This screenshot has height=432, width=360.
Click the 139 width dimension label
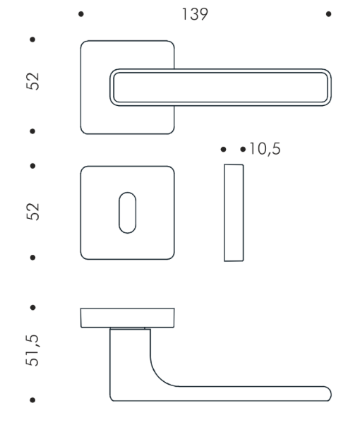[195, 14]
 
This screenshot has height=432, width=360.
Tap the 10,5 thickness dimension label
[265, 149]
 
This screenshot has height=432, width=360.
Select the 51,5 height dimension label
[32, 350]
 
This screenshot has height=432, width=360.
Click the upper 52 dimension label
[32, 81]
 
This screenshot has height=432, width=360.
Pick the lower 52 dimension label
[33, 212]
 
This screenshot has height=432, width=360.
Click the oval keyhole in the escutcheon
[127, 212]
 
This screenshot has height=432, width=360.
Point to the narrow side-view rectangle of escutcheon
[234, 212]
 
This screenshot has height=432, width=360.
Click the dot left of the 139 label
[81, 14]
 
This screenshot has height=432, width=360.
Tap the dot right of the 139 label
[328, 14]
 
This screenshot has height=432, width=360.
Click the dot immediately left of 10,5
[243, 150]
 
